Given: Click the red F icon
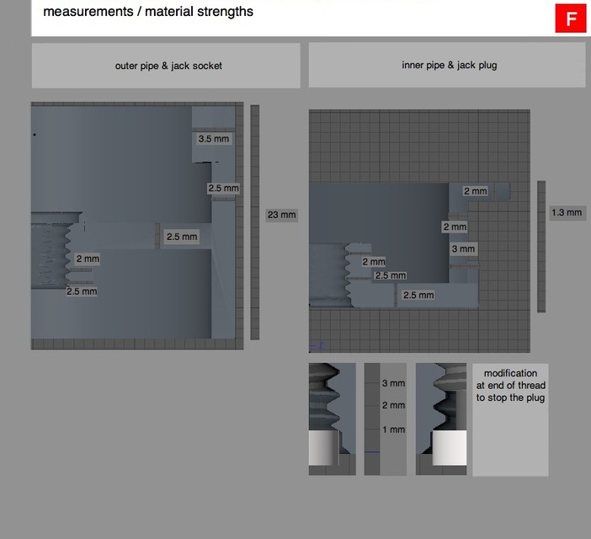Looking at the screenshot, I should pyautogui.click(x=571, y=19).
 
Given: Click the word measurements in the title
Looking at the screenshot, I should pyautogui.click(x=82, y=12).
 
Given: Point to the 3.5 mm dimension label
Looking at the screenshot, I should pyautogui.click(x=212, y=139).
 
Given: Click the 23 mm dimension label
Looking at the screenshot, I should pyautogui.click(x=282, y=215).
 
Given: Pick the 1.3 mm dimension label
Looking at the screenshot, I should pyautogui.click(x=567, y=213).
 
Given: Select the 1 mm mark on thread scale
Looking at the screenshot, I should pyautogui.click(x=393, y=430).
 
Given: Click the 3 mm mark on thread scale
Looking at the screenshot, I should pyautogui.click(x=393, y=383).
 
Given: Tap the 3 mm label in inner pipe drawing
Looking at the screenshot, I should pyautogui.click(x=463, y=248).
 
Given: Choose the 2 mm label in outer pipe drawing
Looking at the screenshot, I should pyautogui.click(x=88, y=259).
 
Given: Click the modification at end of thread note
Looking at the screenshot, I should pyautogui.click(x=510, y=385).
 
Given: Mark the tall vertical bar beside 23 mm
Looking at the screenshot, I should pyautogui.click(x=255, y=221).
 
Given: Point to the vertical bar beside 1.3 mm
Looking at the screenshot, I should pyautogui.click(x=541, y=246).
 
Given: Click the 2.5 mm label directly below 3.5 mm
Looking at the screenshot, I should pyautogui.click(x=224, y=189).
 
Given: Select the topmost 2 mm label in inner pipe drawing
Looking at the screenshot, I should pyautogui.click(x=475, y=191).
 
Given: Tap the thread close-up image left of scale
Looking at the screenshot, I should pyautogui.click(x=332, y=419).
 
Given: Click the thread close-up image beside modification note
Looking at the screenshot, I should pyautogui.click(x=441, y=419).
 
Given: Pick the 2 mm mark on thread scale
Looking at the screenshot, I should pyautogui.click(x=393, y=405).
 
